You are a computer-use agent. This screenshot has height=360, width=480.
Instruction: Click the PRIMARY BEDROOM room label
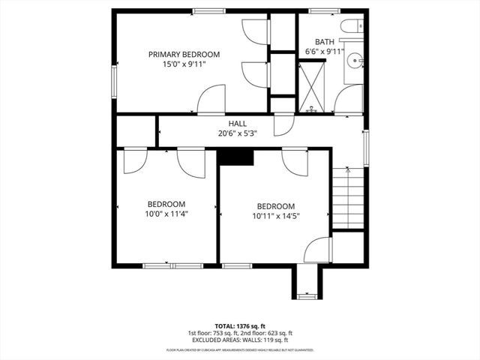pyautogui.click(x=184, y=54)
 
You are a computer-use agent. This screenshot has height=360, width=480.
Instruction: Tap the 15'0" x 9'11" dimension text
pyautogui.click(x=184, y=65)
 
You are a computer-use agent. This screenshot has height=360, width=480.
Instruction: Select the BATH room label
pyautogui.click(x=324, y=42)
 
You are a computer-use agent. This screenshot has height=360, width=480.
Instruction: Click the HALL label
pyautogui.click(x=237, y=124)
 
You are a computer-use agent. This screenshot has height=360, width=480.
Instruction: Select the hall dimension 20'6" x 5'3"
pyautogui.click(x=237, y=133)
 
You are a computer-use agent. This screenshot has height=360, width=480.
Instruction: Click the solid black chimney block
pyautogui.click(x=235, y=156)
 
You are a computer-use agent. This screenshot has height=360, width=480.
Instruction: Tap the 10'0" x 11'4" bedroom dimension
pyautogui.click(x=166, y=214)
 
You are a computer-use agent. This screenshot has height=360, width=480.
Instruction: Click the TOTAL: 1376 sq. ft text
pyautogui.click(x=240, y=326)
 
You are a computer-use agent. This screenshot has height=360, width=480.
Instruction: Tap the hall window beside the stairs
pyautogui.click(x=366, y=147)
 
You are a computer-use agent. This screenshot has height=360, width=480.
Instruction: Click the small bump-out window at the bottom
pyautogui.click(x=307, y=296)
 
